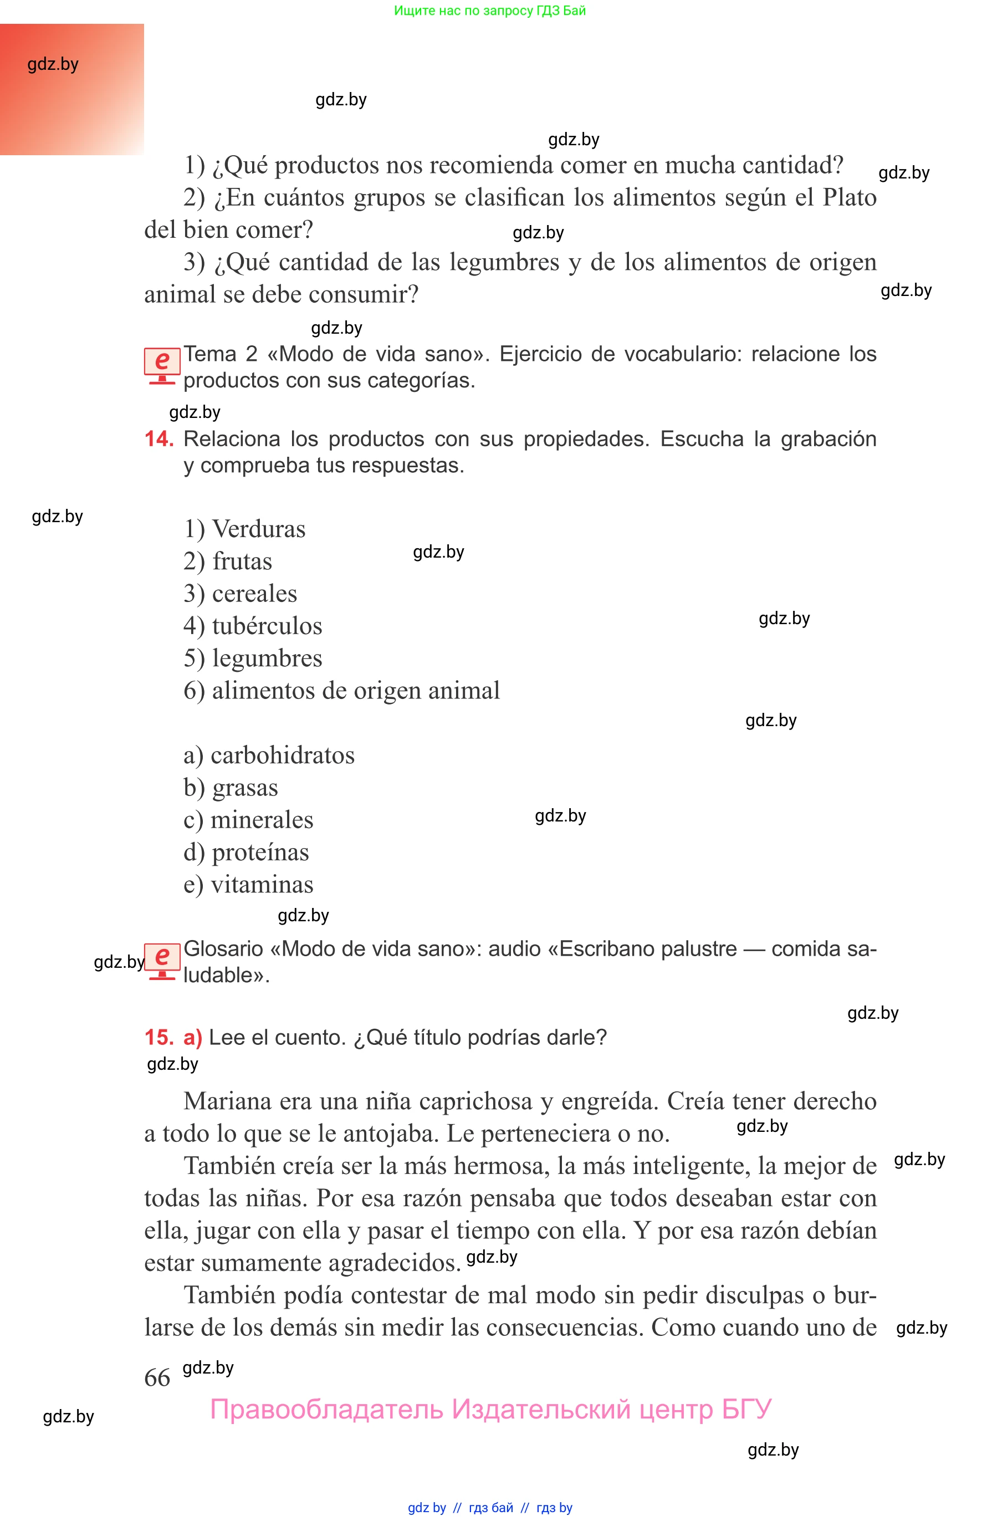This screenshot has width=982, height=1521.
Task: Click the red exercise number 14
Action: coord(158,439)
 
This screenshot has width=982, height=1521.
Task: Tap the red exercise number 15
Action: coord(158,1037)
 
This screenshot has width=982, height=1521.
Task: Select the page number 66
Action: coord(157,1377)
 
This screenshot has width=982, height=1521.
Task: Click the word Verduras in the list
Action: coord(258,529)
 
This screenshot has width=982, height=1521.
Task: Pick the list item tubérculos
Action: coord(267,626)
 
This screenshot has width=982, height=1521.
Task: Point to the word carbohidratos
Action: coord(282,756)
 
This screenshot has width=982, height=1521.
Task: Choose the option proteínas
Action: coord(260,853)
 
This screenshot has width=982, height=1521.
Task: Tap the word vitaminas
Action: coord(262,885)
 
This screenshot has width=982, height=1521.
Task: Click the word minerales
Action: coord(262,820)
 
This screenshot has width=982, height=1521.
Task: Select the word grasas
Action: coord(245,788)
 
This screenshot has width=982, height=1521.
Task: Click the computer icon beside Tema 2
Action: coord(162,366)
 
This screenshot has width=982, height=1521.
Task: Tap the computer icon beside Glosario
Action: coord(162,961)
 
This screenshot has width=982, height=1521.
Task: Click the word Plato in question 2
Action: coord(850,198)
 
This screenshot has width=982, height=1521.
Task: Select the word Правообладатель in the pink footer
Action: coord(326,1410)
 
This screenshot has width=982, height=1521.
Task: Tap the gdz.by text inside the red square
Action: coord(53,64)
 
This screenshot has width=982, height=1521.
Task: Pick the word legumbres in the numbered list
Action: coord(267,659)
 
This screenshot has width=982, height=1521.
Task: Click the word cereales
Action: coord(254,594)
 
